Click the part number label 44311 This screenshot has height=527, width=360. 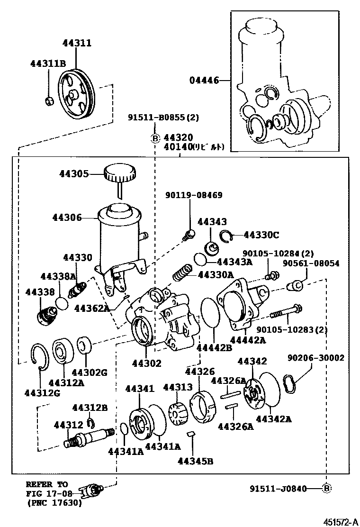click(77, 43)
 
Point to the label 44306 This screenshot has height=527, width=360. click(67, 218)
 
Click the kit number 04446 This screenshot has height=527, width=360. click(205, 81)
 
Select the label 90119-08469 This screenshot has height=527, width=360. click(194, 195)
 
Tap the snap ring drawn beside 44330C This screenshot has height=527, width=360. click(225, 235)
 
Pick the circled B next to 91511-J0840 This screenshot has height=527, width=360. click(326, 488)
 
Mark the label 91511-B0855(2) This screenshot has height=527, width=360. click(157, 118)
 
